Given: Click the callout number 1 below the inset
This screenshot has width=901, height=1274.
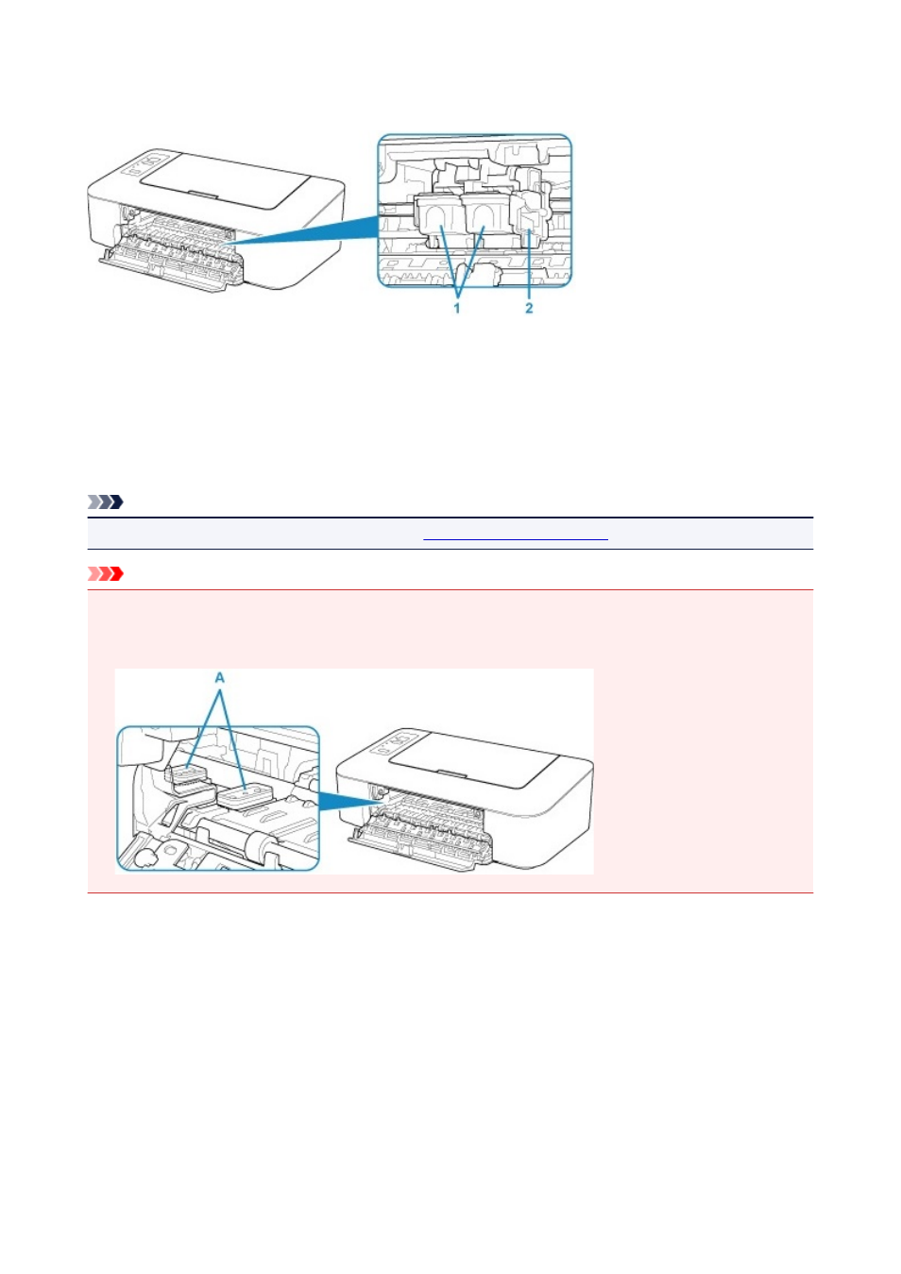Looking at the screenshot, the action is click(456, 308).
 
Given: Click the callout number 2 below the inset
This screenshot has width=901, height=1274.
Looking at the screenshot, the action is click(529, 308).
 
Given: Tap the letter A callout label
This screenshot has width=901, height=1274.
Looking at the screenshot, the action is click(219, 677).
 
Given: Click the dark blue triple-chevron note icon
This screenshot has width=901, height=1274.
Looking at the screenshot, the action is click(106, 501).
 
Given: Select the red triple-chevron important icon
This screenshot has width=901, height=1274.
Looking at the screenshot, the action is click(106, 573).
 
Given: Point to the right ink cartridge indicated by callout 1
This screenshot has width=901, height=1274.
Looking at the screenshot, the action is click(484, 220).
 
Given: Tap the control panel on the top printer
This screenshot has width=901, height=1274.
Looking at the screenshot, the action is click(146, 164).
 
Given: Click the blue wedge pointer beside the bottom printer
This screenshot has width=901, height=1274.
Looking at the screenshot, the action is click(346, 802).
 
